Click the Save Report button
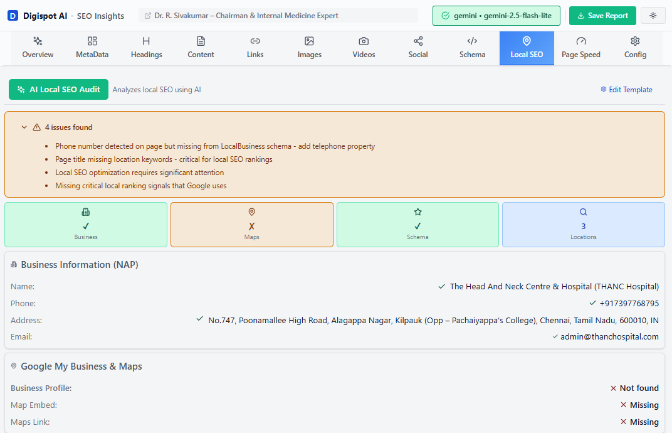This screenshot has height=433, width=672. (x=602, y=16)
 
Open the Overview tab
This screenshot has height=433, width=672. (x=38, y=48)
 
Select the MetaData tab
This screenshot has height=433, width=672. (x=92, y=48)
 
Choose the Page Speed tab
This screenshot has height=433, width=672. (x=580, y=48)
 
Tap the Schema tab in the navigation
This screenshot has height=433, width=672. (x=472, y=48)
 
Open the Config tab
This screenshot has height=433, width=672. (x=635, y=48)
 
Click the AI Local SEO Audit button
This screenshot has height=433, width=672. (x=58, y=90)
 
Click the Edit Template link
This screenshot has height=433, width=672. (x=626, y=90)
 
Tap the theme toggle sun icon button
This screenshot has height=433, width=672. (x=653, y=16)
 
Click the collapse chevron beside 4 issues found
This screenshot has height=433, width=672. (x=24, y=127)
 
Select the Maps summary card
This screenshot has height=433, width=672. (x=251, y=225)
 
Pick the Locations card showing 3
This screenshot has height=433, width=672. (x=583, y=225)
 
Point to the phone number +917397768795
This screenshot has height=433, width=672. (x=629, y=304)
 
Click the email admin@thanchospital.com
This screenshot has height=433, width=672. (x=609, y=337)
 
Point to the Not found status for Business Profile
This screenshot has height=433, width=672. (x=639, y=388)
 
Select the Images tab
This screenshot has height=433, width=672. (x=309, y=48)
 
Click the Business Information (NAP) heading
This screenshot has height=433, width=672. (x=80, y=265)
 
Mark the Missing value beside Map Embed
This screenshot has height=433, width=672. (x=644, y=405)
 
